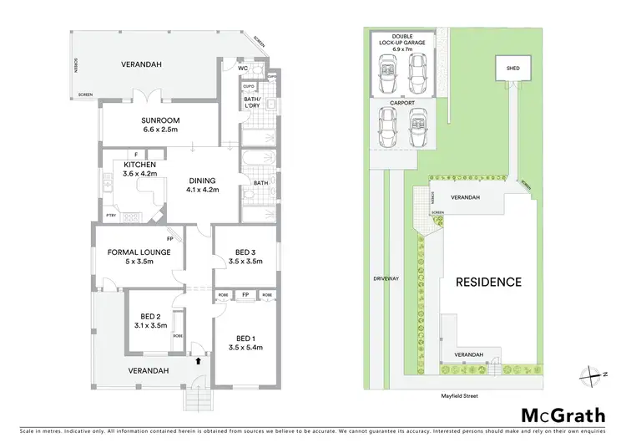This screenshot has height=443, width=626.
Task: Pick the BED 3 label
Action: point(245,256)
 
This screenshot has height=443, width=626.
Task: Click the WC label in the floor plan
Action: point(244,69)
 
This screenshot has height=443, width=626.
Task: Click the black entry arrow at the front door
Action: point(198,361)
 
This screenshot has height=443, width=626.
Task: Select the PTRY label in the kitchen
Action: point(111,216)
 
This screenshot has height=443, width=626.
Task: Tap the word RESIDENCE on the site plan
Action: point(488,283)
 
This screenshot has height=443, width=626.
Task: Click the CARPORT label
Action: point(402,103)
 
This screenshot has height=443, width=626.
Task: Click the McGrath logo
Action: point(559,415)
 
